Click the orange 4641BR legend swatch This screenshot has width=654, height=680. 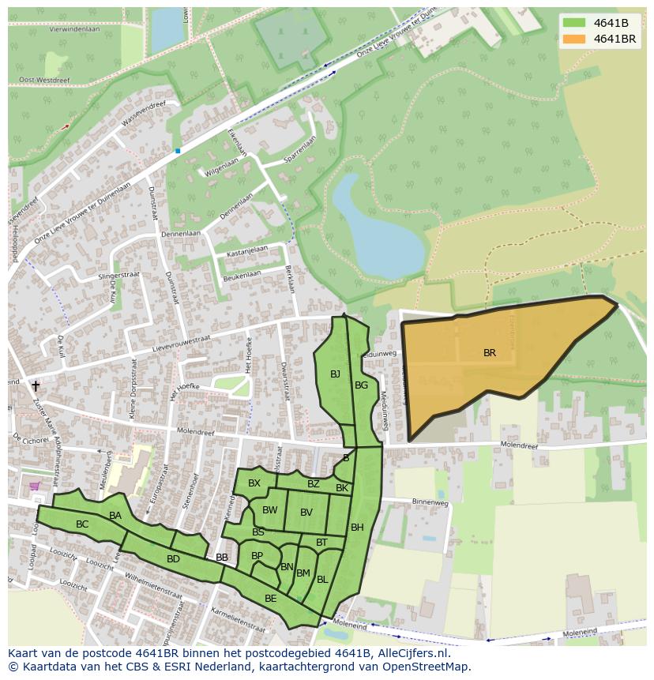click(x=574, y=39)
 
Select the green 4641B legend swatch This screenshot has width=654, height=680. click(x=574, y=22)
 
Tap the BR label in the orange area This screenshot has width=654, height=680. click(x=490, y=353)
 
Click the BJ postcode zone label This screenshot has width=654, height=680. click(x=335, y=374)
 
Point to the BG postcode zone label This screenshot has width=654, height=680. click(x=361, y=385)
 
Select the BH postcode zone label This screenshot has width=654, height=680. click(x=357, y=528)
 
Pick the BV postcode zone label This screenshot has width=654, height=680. click(x=306, y=513)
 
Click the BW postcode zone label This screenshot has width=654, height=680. click(x=270, y=510)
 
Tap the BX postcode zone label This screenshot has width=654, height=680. click(x=254, y=483)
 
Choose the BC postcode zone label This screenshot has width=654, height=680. click(x=82, y=524)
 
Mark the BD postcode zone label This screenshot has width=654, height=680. click(x=173, y=559)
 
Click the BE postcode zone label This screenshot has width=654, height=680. click(x=270, y=599)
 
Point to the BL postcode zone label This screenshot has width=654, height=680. click(x=322, y=580)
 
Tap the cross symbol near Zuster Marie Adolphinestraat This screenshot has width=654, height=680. click(x=35, y=386)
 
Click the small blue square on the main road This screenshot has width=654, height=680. click(x=178, y=150)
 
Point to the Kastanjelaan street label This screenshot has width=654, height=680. click(x=247, y=251)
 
